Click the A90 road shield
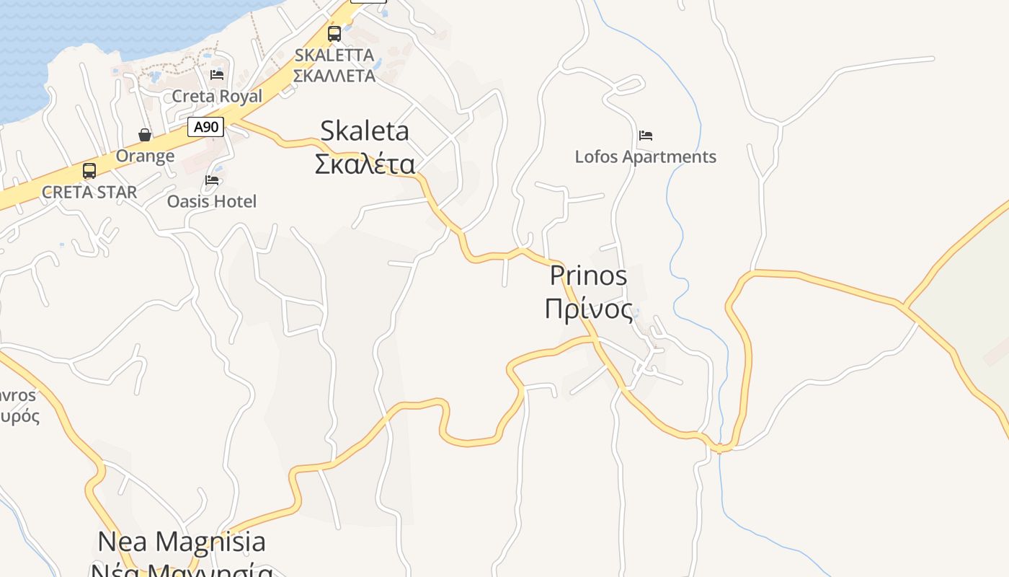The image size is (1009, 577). pyautogui.click(x=205, y=128)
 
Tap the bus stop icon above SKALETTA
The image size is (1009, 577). pyautogui.click(x=334, y=33)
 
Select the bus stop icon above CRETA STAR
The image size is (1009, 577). pyautogui.click(x=89, y=171)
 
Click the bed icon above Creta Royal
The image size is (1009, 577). pyautogui.click(x=217, y=75)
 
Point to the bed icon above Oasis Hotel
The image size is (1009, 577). pyautogui.click(x=212, y=180)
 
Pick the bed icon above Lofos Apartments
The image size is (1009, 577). pyautogui.click(x=646, y=136)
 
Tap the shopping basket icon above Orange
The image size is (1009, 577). pyautogui.click(x=145, y=135)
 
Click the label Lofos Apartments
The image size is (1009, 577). pyautogui.click(x=645, y=157)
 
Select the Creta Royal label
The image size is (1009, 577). pyautogui.click(x=217, y=96)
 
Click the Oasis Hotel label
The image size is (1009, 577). pyautogui.click(x=212, y=201)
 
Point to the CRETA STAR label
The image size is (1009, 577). pyautogui.click(x=89, y=193)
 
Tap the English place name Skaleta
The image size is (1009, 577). pyautogui.click(x=365, y=131)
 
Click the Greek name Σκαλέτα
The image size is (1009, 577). pyautogui.click(x=365, y=164)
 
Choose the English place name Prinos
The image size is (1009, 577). pyautogui.click(x=588, y=276)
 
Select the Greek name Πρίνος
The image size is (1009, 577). pyautogui.click(x=589, y=309)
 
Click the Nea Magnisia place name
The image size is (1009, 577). pyautogui.click(x=182, y=542)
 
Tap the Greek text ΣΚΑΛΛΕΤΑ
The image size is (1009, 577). pyautogui.click(x=334, y=76)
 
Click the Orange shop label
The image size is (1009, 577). pyautogui.click(x=145, y=156)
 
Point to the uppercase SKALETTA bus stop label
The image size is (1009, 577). pyautogui.click(x=334, y=56)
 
